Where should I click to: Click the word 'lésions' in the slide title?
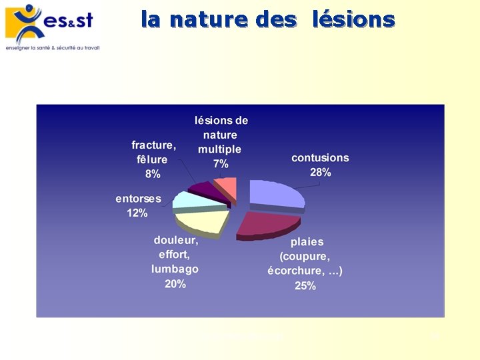coord(353,19)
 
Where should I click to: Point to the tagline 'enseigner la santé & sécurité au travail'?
coord(52,48)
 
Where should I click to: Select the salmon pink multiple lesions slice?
coord(227,187)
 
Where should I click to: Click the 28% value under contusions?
coord(320,173)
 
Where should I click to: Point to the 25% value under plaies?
coord(305,286)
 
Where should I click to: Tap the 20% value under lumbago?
coord(175,284)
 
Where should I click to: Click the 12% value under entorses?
coord(137,213)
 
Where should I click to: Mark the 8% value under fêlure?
coord(153,174)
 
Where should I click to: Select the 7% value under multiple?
coord(221,164)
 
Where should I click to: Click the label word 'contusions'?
coord(320,158)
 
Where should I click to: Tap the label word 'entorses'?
coord(138,199)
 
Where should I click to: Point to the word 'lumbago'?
coord(175,269)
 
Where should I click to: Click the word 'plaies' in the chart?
coord(307,242)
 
